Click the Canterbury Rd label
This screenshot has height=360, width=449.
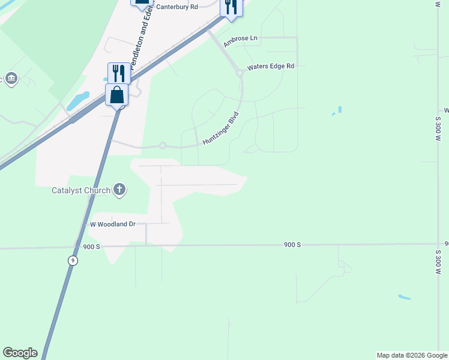176,7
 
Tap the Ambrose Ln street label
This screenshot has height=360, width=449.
240,41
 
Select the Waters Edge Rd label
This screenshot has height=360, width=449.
271,66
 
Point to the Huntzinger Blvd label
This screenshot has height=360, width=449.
221,128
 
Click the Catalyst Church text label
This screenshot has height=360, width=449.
81,191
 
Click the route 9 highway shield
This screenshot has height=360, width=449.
73,260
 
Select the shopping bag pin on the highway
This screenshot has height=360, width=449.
116,95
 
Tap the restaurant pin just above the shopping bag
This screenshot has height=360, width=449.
119,74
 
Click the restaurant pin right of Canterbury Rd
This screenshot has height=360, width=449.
231,7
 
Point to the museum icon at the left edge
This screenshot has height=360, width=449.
11,79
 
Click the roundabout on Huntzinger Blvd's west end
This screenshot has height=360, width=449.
162,145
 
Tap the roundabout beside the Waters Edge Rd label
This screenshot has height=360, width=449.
240,73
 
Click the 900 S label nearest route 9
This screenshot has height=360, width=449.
92,247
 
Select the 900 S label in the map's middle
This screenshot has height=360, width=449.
292,245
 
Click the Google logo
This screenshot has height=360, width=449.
20,353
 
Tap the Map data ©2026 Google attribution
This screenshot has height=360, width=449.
412,355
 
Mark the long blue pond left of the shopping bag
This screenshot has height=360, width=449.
78,101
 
